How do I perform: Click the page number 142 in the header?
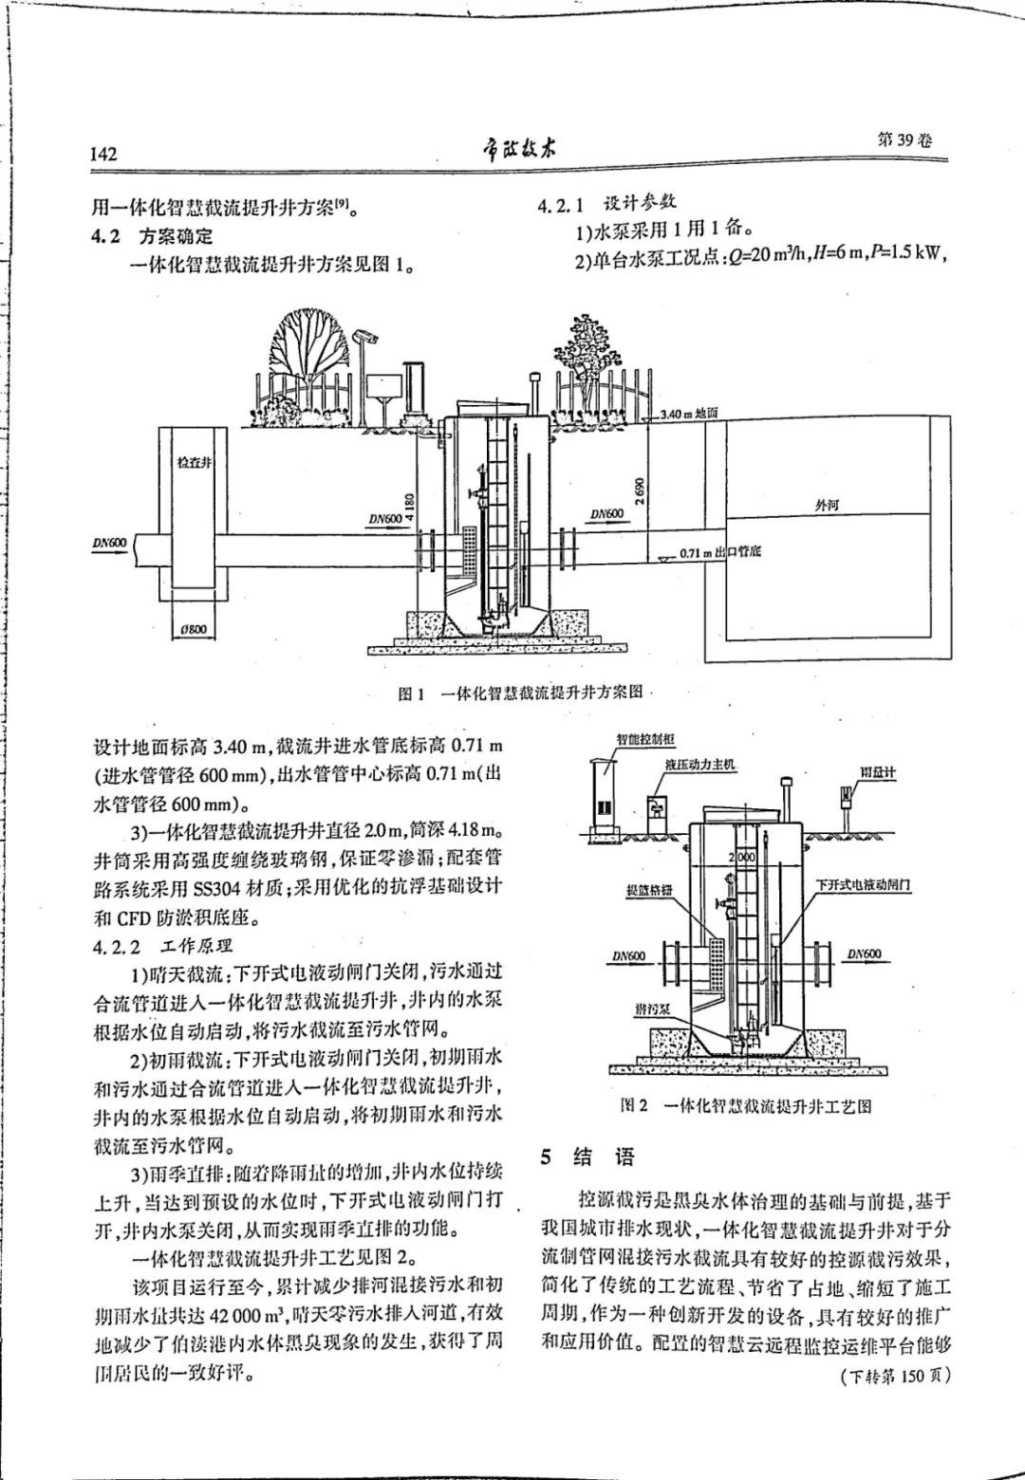pyautogui.click(x=102, y=155)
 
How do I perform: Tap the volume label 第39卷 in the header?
pyautogui.click(x=905, y=139)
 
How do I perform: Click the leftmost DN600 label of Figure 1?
pyautogui.click(x=109, y=543)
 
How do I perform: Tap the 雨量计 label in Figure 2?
pyautogui.click(x=878, y=772)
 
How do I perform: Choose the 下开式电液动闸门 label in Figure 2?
pyautogui.click(x=863, y=883)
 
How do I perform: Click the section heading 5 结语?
pyautogui.click(x=587, y=1156)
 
